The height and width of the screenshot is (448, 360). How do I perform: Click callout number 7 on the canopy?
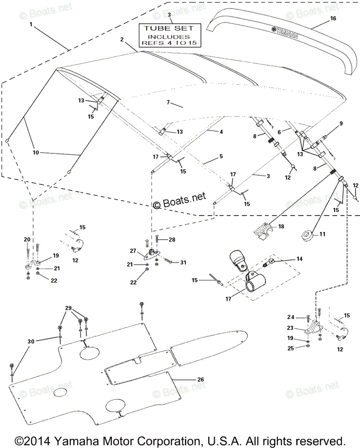168,102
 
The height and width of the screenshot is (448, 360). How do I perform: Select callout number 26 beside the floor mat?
201,379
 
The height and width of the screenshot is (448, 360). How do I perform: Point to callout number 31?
183,263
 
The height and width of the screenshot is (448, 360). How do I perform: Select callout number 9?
340,123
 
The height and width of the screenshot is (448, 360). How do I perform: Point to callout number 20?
27,239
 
